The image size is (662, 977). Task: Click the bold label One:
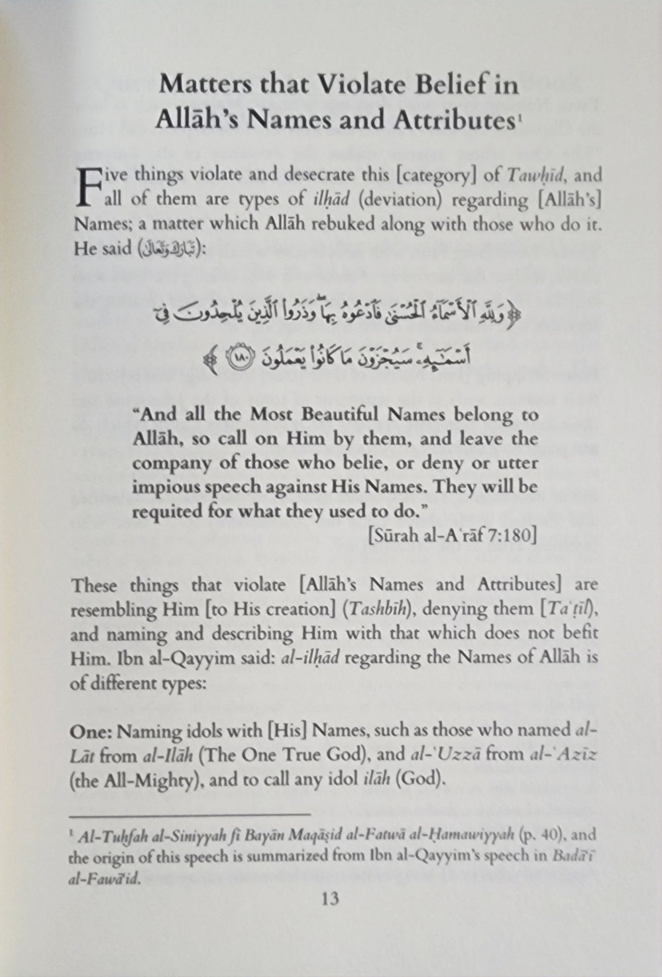(92, 731)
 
